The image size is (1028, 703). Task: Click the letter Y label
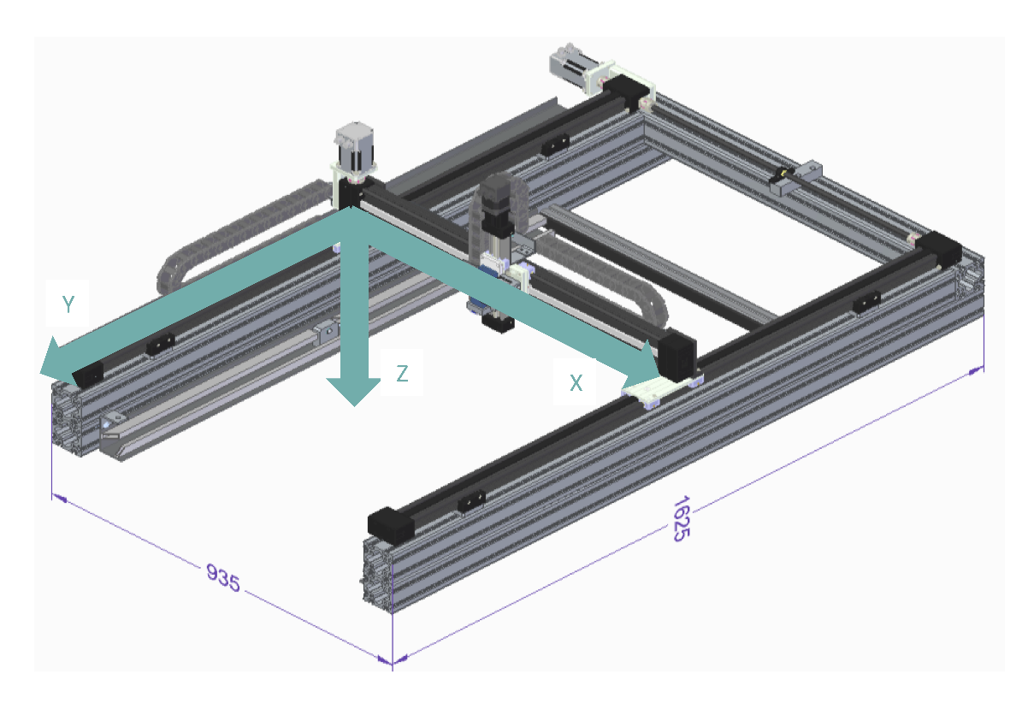68,304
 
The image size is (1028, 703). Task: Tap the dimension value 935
224,578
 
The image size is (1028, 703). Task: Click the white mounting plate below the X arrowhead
654,390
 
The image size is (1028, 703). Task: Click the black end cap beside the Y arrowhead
88,373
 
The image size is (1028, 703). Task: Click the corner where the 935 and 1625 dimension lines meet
392,662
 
